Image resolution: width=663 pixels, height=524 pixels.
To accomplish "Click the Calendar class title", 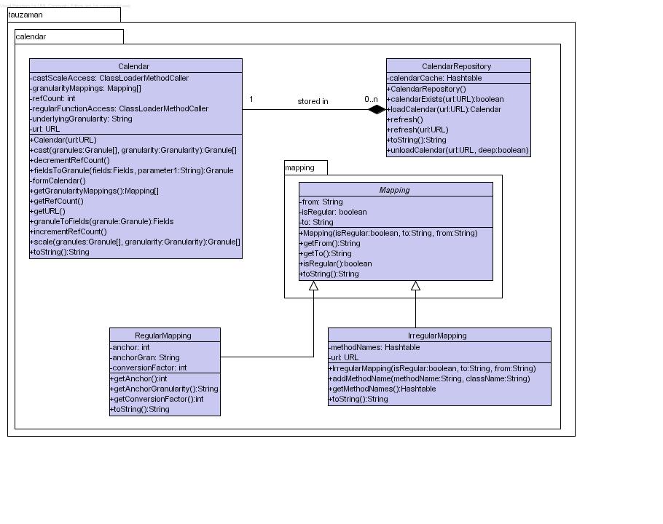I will (133, 66).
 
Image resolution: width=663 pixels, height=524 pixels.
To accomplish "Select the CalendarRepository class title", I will (456, 66).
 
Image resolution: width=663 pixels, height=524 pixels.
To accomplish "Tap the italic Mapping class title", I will (394, 190).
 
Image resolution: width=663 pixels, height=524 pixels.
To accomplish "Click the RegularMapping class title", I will (163, 336).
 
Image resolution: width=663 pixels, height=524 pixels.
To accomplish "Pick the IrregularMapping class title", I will (437, 336).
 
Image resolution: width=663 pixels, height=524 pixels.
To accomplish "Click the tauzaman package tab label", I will (25, 15).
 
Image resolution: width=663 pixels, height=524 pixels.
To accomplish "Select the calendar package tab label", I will (31, 36).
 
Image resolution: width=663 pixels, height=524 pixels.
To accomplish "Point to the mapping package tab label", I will (299, 167).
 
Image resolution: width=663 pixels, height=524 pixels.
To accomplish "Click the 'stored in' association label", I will (313, 101).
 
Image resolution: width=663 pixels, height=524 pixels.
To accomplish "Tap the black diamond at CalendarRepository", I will (377, 110).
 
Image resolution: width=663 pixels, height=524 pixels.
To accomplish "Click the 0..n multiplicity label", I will (372, 100).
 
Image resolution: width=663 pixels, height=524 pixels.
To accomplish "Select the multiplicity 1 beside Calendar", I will (251, 100).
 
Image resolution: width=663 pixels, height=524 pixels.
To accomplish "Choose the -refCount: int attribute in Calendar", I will (53, 98).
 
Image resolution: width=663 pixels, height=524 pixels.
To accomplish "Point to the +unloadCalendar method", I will (458, 150).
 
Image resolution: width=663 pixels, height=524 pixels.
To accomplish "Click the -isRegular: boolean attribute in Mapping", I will (333, 212).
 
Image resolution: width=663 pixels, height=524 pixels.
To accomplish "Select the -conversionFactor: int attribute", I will (149, 368).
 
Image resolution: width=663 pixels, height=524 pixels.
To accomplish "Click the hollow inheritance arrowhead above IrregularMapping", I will (415, 286).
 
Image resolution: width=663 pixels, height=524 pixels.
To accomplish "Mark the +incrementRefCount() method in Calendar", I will (68, 231).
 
